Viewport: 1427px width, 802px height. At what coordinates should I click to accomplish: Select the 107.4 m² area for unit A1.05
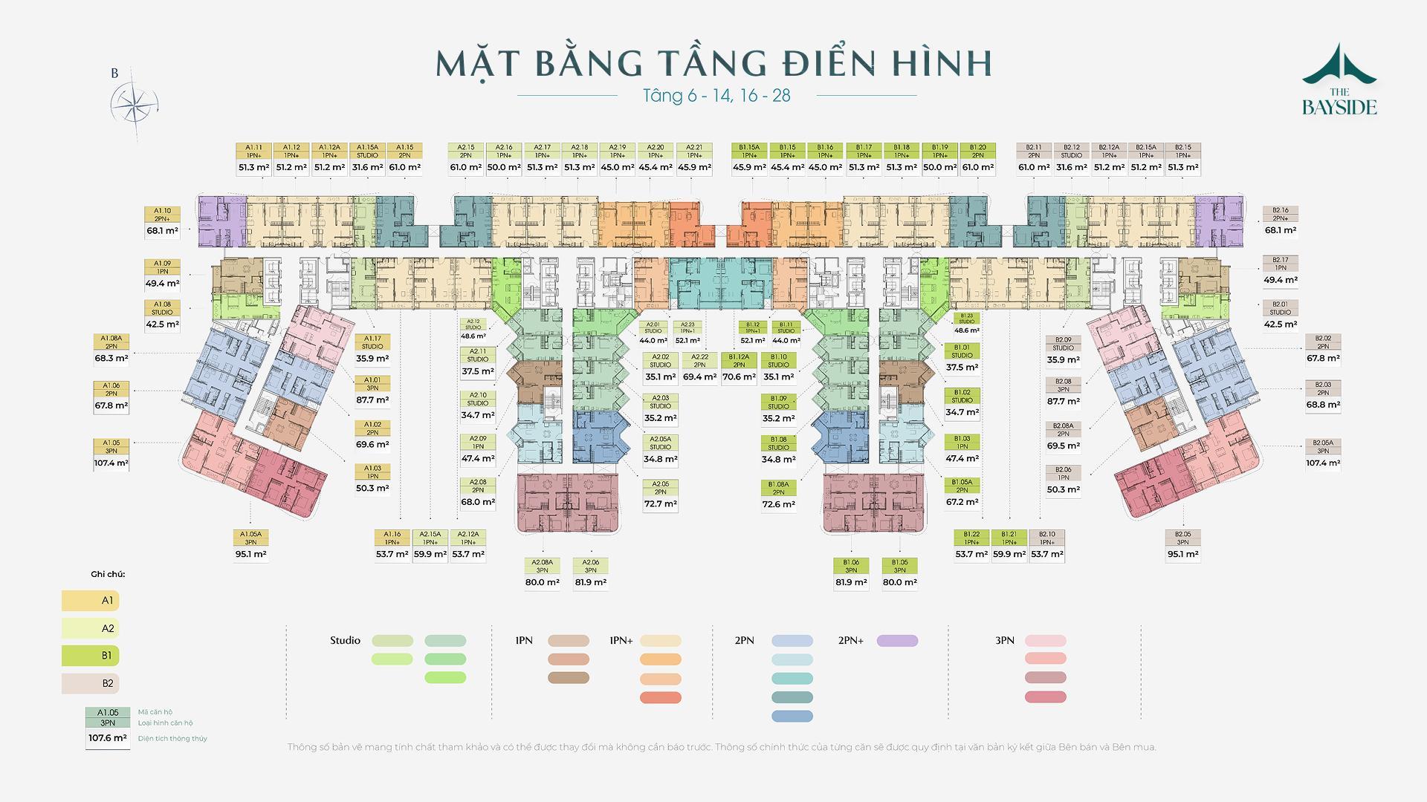(111, 463)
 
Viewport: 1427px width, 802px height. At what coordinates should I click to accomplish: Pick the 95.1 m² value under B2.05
(1182, 554)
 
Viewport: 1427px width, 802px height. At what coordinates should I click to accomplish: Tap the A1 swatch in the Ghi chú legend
(91, 600)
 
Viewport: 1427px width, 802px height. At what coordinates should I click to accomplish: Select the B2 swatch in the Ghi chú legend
(91, 683)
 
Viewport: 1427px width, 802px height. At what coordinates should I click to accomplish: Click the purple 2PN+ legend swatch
(897, 641)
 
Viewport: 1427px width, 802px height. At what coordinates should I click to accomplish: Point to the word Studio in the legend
(345, 640)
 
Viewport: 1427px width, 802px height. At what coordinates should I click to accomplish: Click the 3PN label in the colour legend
(1004, 640)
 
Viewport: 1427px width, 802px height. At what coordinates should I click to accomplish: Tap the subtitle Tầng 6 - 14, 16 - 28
(716, 96)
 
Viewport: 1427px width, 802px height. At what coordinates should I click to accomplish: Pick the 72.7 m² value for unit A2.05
(661, 504)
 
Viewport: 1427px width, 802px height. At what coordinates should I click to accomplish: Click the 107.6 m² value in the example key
(108, 739)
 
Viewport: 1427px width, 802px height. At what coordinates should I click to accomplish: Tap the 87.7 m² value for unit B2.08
(1063, 402)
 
